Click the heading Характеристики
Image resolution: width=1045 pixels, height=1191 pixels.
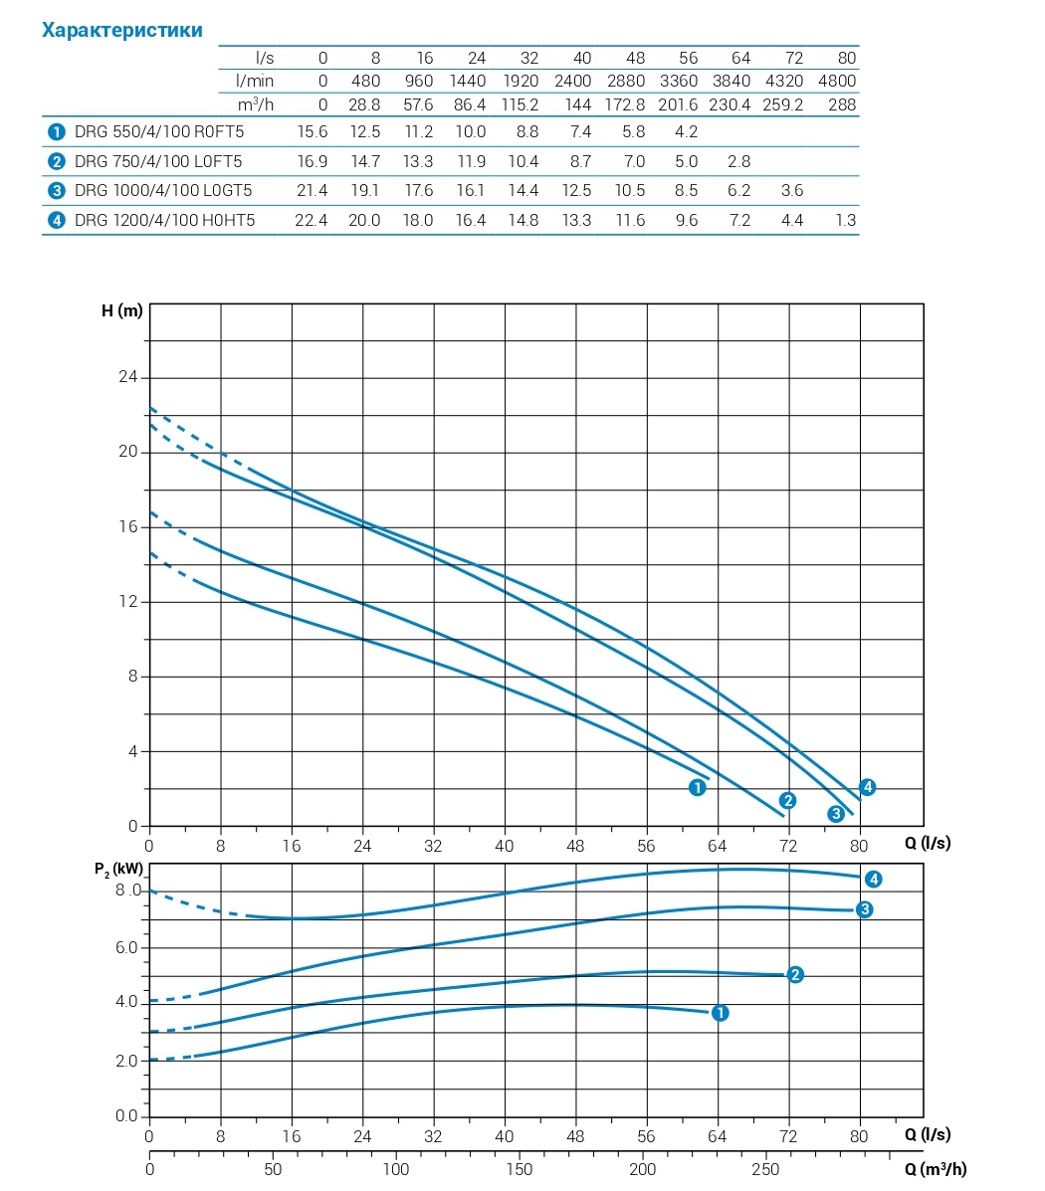(121, 30)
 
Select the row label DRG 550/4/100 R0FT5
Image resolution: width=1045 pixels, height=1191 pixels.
(159, 131)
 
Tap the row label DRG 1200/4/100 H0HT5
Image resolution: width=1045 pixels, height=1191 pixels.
(165, 220)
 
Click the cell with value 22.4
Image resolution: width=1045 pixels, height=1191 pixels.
(311, 220)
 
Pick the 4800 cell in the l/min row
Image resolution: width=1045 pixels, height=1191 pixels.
(836, 81)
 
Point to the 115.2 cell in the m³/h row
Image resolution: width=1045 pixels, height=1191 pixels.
(520, 104)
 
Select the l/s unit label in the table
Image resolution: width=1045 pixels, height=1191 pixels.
(264, 58)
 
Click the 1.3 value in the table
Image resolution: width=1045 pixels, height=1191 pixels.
(845, 220)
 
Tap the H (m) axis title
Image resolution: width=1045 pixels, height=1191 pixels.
(122, 310)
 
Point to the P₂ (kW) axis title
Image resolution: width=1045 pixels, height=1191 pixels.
(125, 870)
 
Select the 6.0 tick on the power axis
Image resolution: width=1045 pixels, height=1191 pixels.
(126, 947)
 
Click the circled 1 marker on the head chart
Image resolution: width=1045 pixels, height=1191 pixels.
(698, 788)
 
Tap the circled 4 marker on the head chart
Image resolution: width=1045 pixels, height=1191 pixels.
(868, 787)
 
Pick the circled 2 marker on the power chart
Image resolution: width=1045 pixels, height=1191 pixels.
(795, 974)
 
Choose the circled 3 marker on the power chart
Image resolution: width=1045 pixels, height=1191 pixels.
(865, 909)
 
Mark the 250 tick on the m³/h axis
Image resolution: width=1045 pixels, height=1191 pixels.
(765, 1169)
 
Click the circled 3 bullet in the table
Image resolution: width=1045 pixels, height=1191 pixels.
(55, 190)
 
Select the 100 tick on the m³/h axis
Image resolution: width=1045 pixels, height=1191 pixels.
(396, 1169)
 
